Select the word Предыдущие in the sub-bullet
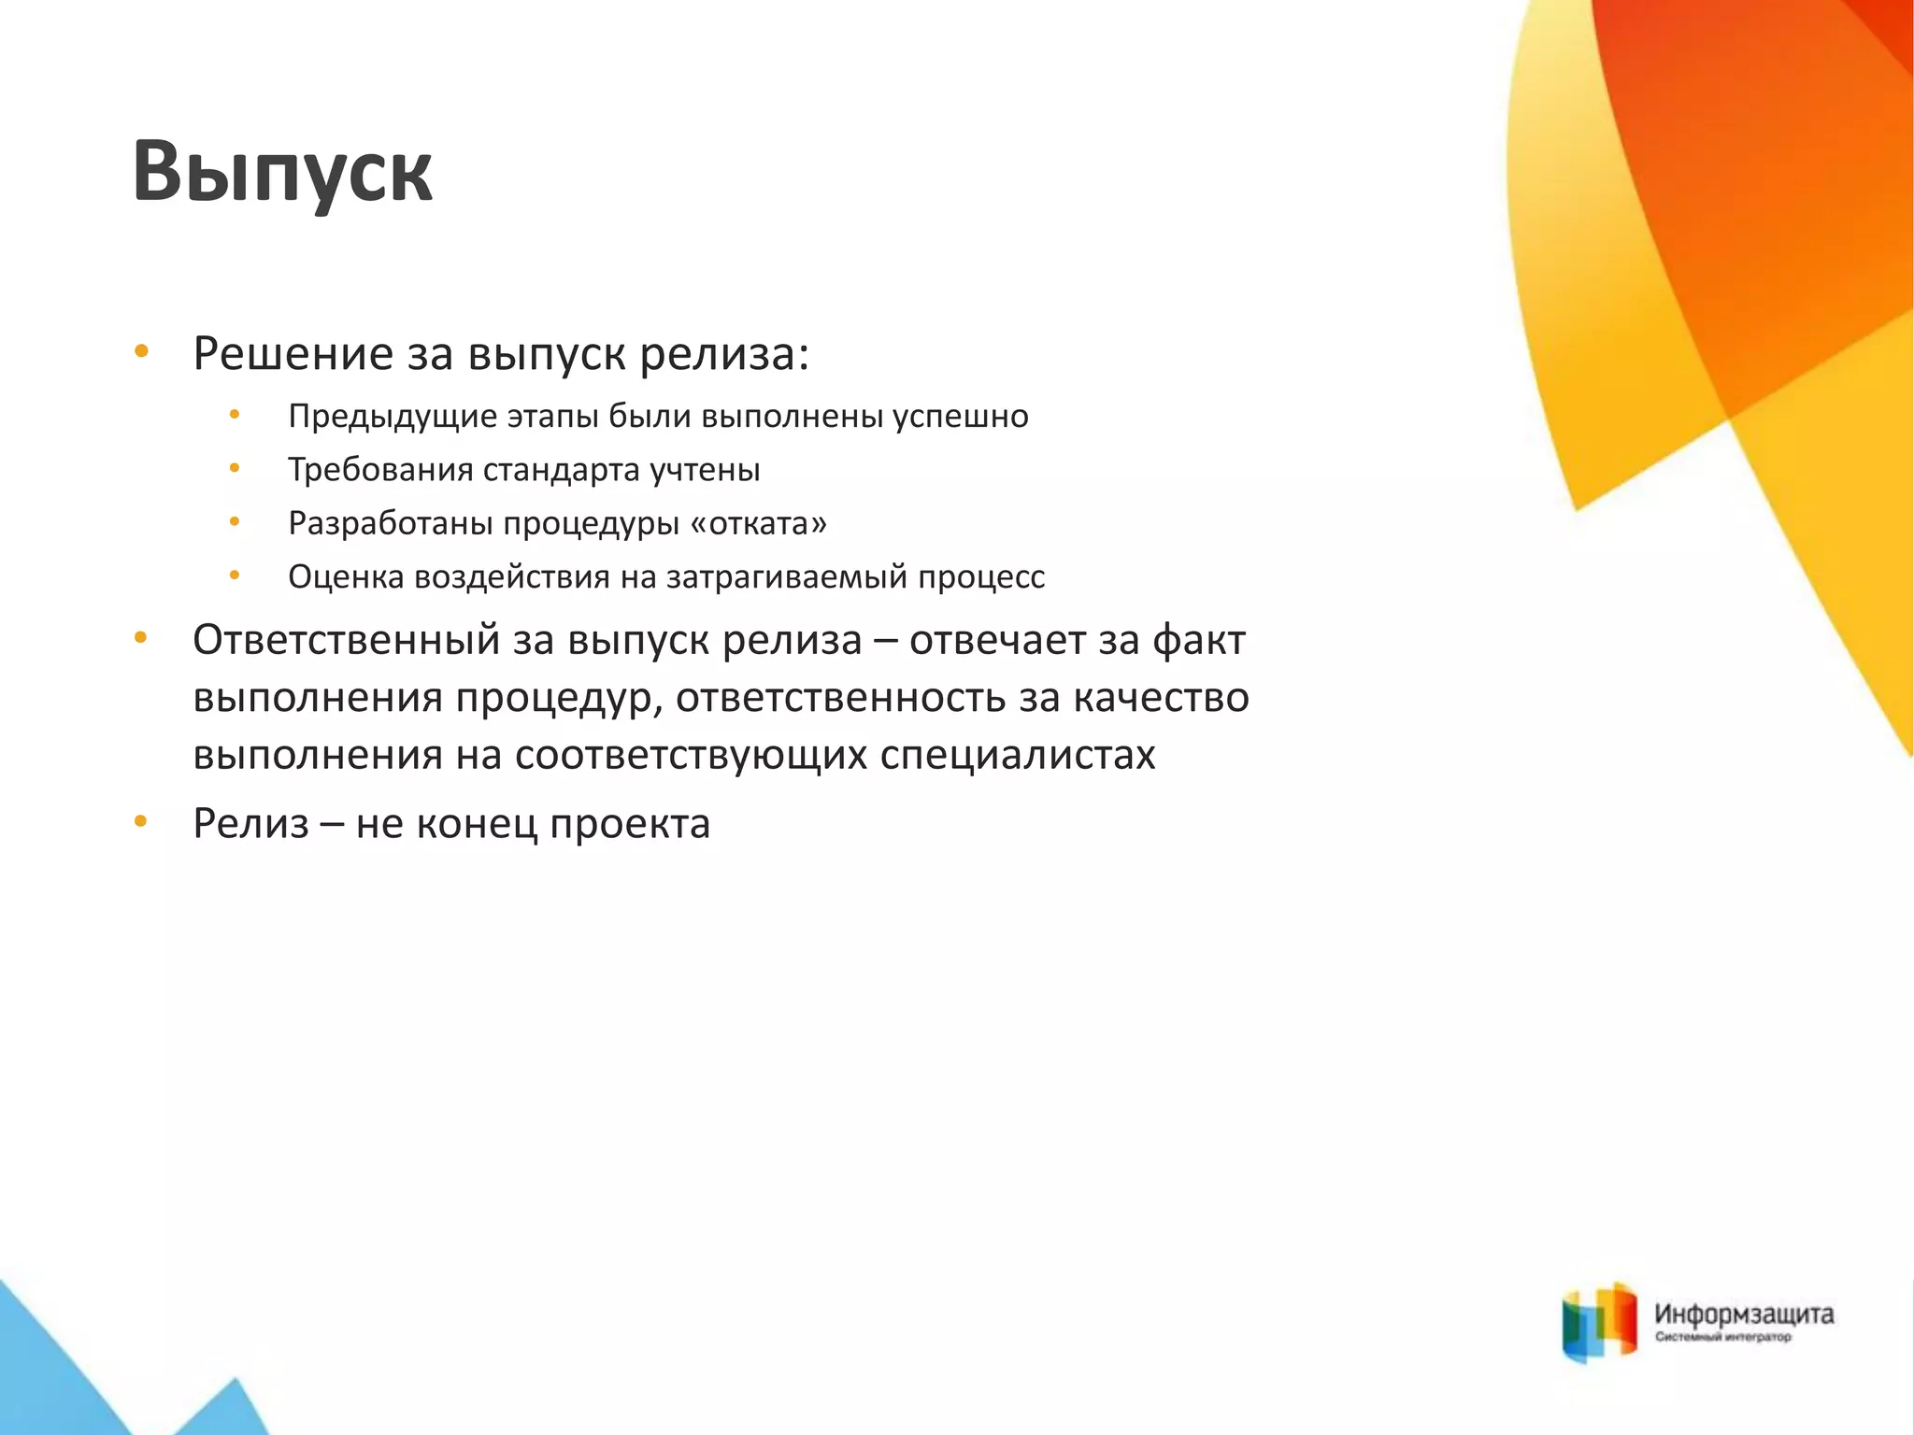point(393,417)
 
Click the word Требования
point(380,470)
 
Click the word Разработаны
point(390,523)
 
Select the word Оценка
point(346,577)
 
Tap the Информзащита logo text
point(1744,1314)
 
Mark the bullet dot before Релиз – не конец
point(141,822)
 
